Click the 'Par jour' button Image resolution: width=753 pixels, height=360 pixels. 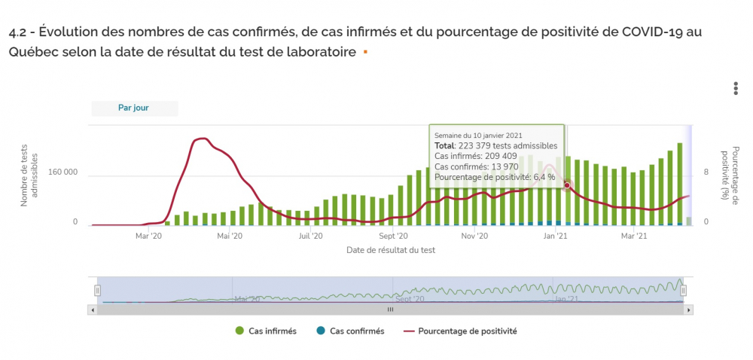click(x=134, y=108)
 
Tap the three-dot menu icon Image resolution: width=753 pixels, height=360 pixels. click(x=736, y=88)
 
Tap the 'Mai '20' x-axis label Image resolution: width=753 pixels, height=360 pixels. click(x=230, y=236)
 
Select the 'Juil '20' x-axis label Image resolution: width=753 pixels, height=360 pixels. click(x=311, y=236)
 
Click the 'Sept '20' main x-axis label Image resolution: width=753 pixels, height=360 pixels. click(x=392, y=236)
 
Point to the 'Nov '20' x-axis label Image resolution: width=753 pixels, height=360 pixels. click(x=474, y=236)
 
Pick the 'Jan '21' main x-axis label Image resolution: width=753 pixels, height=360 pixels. click(x=556, y=236)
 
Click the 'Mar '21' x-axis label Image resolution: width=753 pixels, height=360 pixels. click(x=634, y=236)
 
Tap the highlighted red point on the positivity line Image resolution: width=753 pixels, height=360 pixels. click(x=567, y=185)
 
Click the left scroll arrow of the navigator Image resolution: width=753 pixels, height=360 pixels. click(x=93, y=310)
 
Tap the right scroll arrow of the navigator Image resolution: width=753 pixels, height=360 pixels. click(x=689, y=310)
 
